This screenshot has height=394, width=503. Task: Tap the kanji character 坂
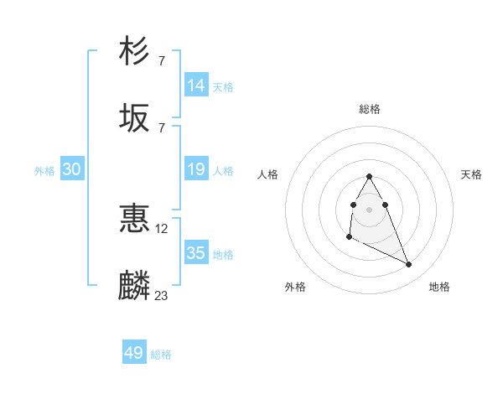135,118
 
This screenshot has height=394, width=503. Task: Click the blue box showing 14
196,86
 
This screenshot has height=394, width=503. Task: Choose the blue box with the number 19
196,169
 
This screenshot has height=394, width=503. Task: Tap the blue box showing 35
196,253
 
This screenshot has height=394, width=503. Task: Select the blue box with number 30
72,169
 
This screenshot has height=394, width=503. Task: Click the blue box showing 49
134,353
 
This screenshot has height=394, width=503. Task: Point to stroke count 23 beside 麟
162,295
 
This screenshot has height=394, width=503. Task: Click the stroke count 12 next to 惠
162,228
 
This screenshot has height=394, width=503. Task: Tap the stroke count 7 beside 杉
161,60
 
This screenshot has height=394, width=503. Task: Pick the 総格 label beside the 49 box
161,355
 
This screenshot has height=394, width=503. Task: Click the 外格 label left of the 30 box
44,171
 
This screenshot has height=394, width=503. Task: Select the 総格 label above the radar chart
370,109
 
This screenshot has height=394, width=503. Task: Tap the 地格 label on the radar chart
439,287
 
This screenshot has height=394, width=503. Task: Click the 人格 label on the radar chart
268,174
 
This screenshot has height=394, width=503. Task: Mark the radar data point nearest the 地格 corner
409,264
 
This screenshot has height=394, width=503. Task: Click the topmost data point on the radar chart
369,176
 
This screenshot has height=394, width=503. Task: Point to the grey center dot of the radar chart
369,208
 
